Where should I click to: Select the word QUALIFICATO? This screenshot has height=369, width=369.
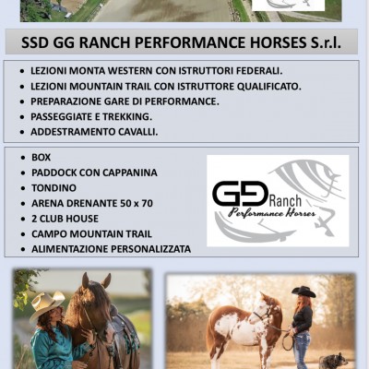268,87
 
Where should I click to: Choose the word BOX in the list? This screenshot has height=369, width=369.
41,158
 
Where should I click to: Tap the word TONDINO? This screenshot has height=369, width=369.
54,188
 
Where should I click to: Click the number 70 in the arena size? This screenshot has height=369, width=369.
147,203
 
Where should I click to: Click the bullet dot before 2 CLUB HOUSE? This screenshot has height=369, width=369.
23,220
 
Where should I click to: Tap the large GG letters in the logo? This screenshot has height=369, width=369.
240,194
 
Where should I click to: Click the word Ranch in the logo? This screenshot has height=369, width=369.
285,201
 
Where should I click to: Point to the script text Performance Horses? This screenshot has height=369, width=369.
272,213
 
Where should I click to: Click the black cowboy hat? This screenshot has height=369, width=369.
304,292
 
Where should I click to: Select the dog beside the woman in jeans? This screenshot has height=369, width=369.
331,361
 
